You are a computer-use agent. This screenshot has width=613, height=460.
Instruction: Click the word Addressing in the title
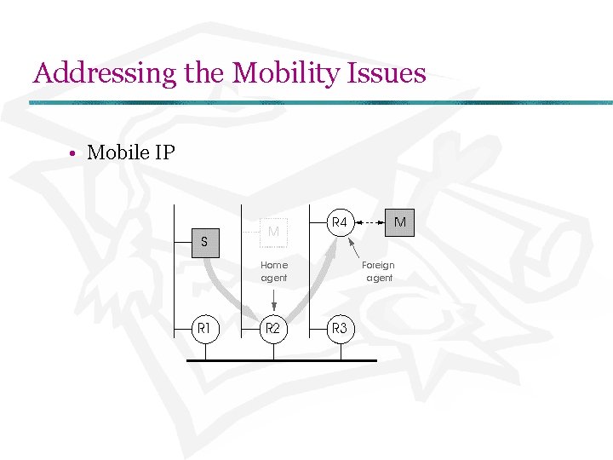click(105, 73)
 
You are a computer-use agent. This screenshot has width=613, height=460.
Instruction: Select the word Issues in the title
click(386, 73)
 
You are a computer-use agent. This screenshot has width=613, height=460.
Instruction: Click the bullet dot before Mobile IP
click(75, 154)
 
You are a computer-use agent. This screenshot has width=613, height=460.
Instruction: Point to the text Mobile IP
click(131, 153)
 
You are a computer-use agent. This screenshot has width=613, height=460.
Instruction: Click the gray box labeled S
click(204, 242)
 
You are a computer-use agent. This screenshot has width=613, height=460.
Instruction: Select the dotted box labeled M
click(273, 232)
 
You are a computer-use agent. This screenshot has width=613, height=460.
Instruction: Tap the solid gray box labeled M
click(399, 222)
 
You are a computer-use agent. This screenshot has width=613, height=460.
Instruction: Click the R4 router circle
click(340, 222)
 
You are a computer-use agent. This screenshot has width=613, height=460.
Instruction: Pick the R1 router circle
click(204, 327)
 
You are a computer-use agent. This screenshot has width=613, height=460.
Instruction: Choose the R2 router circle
click(273, 327)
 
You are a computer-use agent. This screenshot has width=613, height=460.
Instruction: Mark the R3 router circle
click(340, 327)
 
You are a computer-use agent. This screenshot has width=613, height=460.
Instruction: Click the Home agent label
click(273, 271)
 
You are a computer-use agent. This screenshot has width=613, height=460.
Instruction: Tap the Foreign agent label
click(379, 271)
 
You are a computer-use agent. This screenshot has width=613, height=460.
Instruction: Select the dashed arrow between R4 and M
click(370, 222)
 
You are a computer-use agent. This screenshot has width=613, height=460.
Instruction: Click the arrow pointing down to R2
click(273, 300)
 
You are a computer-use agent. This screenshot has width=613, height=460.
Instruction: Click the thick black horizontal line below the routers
click(281, 360)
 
